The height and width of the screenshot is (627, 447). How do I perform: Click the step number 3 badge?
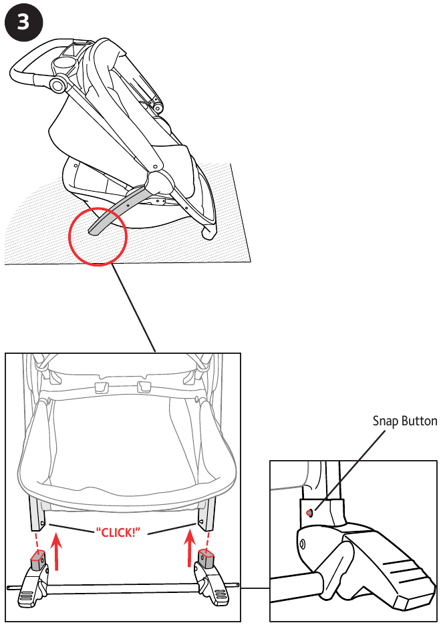click(x=23, y=23)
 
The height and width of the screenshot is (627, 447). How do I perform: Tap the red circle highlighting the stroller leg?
click(x=98, y=208)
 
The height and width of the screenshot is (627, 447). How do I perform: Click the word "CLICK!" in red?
click(x=118, y=532)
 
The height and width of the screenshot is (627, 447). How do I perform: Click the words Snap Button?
click(x=405, y=421)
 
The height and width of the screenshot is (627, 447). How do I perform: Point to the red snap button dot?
click(x=309, y=513)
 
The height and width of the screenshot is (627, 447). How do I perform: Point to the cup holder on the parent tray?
click(x=64, y=64)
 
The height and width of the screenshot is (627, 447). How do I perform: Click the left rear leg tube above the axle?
click(x=37, y=514)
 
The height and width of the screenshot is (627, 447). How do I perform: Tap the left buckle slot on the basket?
click(x=102, y=387)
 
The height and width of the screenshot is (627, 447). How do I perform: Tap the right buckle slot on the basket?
click(x=144, y=387)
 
